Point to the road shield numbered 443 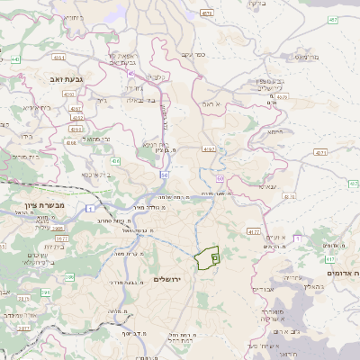pyautogui.click(x=16, y=59)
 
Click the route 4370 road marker pyautogui.click(x=283, y=96)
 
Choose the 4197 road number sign pyautogui.click(x=209, y=148)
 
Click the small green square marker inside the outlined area pyautogui.click(x=214, y=258)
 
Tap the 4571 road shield pyautogui.click(x=207, y=13)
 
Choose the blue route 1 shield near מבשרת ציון pyautogui.click(x=91, y=209)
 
